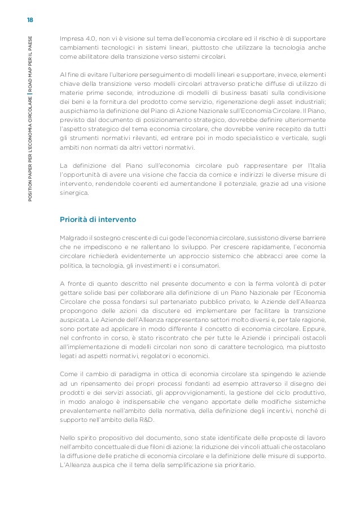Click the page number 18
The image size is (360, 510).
pos(30,20)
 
